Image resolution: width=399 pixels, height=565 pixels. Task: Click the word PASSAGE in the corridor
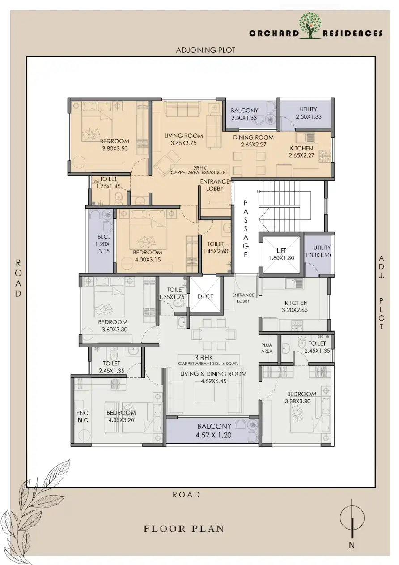tap(246, 228)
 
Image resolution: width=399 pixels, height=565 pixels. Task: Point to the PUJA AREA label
tap(267, 348)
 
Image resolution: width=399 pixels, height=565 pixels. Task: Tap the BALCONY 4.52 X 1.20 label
tap(214, 431)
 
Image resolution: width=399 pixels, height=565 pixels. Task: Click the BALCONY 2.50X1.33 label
tap(245, 114)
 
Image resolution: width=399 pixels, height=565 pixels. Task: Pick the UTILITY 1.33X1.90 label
tap(318, 251)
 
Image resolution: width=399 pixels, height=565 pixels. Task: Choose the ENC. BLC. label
tap(83, 416)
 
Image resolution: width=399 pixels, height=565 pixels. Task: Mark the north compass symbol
tap(352, 519)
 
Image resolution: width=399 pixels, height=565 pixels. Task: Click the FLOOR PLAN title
tap(184, 529)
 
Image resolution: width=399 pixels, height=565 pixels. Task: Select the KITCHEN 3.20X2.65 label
tap(295, 306)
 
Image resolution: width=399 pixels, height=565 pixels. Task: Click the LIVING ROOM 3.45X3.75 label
tap(183, 139)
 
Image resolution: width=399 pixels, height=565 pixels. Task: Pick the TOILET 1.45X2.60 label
tap(216, 248)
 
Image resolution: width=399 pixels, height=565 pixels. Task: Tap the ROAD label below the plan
tap(186, 495)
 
